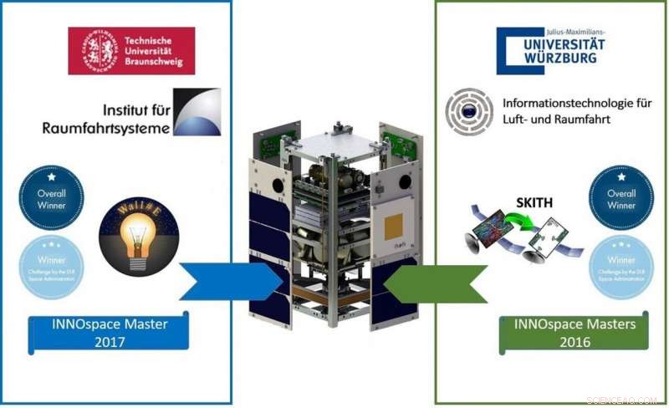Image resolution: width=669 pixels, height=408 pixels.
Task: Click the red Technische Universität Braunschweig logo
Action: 132,50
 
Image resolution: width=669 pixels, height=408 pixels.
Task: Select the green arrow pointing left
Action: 438,282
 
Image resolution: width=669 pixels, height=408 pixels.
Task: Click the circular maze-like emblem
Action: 469,110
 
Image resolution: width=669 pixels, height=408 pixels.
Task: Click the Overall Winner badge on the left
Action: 51,197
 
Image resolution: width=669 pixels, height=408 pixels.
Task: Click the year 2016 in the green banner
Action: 575,342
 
